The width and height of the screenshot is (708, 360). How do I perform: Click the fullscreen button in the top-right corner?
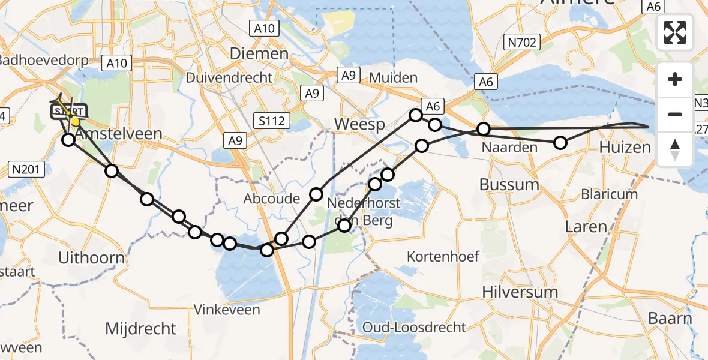pos(675,32)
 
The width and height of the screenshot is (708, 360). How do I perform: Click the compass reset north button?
pos(675,149)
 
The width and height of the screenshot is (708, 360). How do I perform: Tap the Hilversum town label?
pos(520,292)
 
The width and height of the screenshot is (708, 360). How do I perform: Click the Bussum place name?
pos(509,184)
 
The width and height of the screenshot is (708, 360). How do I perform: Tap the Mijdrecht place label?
pos(141,328)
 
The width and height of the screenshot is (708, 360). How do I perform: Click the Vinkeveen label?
pos(227,310)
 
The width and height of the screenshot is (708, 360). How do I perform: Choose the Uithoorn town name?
pos(92,258)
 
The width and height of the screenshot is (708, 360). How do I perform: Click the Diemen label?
pos(259,53)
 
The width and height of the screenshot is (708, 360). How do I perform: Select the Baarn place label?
pos(670,318)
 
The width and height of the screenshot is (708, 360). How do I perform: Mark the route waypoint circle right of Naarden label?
pos(560,143)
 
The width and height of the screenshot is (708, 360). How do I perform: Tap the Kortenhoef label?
pos(443,256)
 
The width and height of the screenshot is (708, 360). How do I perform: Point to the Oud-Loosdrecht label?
pos(414,327)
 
